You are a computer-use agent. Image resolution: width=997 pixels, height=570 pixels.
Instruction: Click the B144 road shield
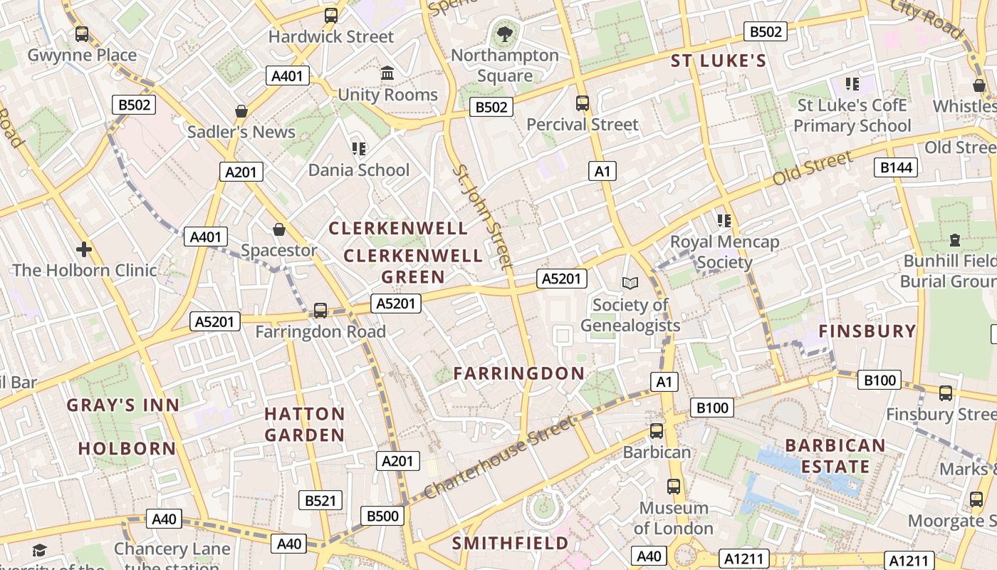(x=896, y=167)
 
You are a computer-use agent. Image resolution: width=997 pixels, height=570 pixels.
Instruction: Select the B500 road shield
(x=382, y=516)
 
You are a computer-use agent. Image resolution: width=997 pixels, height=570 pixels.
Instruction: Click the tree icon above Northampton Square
(x=505, y=32)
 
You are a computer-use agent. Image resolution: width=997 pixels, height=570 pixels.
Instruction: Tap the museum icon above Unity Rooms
(x=387, y=73)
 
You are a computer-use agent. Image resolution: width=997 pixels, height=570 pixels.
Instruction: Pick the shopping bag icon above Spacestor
(x=279, y=229)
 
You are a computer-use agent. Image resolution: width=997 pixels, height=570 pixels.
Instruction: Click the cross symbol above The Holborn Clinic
(x=84, y=249)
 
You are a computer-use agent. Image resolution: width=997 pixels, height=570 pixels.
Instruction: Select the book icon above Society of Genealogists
(x=630, y=283)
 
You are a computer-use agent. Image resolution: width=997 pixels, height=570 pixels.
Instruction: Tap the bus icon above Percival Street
(x=583, y=103)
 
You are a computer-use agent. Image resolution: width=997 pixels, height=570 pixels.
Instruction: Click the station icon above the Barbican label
(x=657, y=431)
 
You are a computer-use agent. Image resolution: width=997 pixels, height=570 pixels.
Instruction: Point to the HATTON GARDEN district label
(x=305, y=424)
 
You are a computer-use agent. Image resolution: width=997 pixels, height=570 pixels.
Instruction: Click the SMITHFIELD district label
(x=511, y=544)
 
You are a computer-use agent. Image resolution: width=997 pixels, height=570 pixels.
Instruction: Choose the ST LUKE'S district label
(x=719, y=61)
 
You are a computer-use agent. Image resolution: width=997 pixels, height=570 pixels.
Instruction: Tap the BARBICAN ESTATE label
(x=835, y=456)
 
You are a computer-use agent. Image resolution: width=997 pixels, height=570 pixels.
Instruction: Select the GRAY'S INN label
(x=123, y=405)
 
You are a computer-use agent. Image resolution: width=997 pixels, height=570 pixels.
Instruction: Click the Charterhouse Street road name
(x=499, y=458)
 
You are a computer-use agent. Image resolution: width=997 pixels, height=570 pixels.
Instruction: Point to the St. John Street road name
(x=484, y=217)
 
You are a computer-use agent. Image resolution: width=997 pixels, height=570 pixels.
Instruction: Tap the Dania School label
(x=359, y=170)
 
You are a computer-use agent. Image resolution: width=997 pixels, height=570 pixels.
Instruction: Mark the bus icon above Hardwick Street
(x=331, y=16)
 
